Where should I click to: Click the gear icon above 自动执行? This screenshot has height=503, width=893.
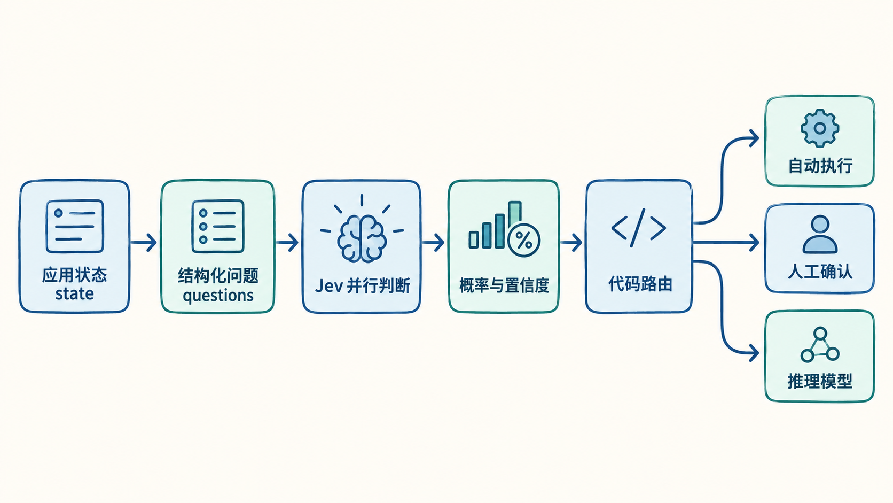820,128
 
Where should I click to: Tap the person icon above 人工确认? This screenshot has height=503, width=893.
820,235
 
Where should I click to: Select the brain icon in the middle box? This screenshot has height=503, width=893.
362,238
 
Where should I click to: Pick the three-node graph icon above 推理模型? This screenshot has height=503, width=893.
820,345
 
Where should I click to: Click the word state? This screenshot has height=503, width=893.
75,294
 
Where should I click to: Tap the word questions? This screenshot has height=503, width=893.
218,296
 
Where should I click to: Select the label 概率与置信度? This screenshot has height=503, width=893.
504,285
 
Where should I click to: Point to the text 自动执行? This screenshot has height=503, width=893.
820,166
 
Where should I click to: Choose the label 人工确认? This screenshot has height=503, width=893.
820,272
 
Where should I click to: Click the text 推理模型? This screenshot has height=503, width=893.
820,381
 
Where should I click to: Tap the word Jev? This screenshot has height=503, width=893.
328,286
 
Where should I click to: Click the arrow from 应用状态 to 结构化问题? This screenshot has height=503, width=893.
143,243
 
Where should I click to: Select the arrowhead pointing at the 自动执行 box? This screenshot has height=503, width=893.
754,138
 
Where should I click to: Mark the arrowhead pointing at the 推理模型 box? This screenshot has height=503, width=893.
754,353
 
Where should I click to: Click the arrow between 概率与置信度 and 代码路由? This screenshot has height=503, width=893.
571,243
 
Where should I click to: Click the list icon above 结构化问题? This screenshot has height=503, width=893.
218,226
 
